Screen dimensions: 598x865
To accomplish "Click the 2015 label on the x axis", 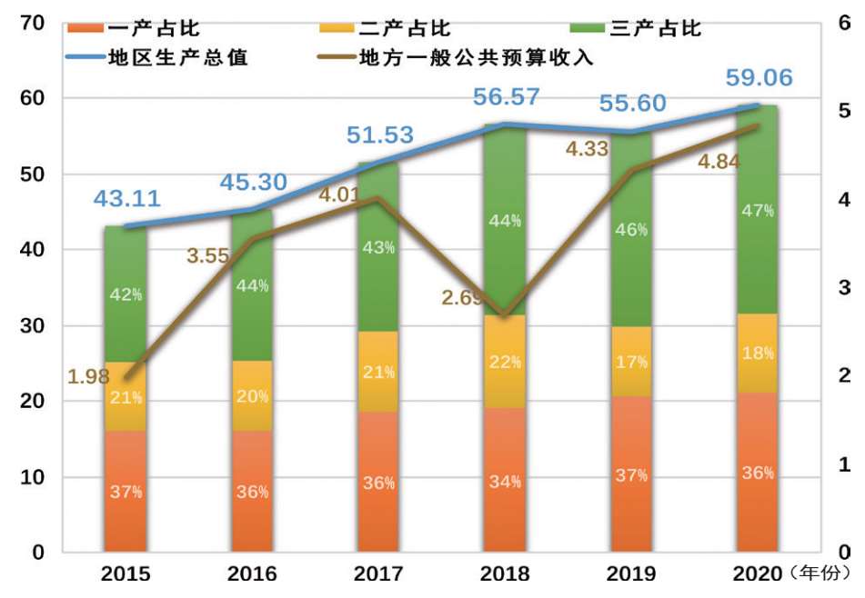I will (x=126, y=574).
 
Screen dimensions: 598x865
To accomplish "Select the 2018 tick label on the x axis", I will (x=505, y=574).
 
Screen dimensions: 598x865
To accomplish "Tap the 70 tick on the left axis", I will (x=35, y=23).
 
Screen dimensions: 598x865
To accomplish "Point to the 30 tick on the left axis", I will (x=35, y=325).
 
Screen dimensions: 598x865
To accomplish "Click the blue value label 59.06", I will (x=760, y=78).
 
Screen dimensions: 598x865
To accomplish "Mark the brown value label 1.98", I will (x=88, y=375).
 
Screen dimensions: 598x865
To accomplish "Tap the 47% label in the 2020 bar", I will (x=757, y=211).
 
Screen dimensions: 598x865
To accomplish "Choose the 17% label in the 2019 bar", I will (x=630, y=362).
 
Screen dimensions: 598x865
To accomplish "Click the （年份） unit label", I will (x=820, y=573).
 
